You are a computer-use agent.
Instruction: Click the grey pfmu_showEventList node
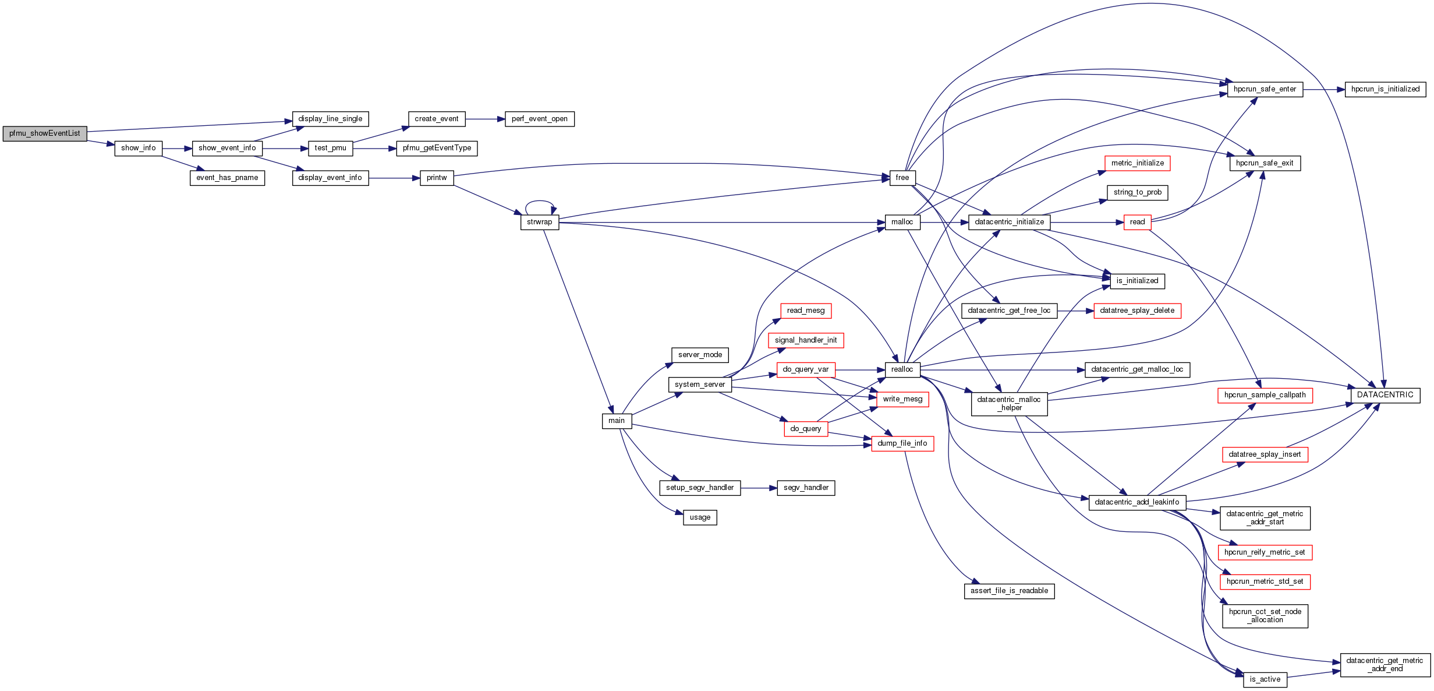[x=45, y=133]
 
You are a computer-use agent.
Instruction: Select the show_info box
[x=138, y=148]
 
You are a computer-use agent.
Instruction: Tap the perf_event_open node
[x=539, y=119]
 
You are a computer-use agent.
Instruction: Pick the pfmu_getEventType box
[x=437, y=148]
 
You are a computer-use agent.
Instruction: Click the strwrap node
[x=539, y=222]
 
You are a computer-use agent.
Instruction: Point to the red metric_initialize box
[x=1137, y=163]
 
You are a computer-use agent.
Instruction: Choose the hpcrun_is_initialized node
[x=1385, y=89]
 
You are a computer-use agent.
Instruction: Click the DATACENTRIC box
[x=1385, y=395]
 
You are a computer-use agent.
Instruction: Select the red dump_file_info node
[x=902, y=443]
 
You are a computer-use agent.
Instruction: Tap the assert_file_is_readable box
[x=1009, y=591]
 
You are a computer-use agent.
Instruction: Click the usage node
[x=700, y=517]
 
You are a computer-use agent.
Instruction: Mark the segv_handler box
[x=806, y=488]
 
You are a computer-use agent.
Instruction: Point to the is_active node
[x=1265, y=679]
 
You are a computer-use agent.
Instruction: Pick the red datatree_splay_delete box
[x=1137, y=311]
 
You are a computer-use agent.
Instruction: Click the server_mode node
[x=700, y=355]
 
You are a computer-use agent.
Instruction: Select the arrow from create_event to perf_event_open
[x=485, y=119]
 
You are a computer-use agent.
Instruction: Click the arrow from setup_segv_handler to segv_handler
[x=759, y=488]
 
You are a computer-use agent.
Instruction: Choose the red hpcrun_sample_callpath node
[x=1265, y=395]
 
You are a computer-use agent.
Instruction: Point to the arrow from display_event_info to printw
[x=394, y=178]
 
